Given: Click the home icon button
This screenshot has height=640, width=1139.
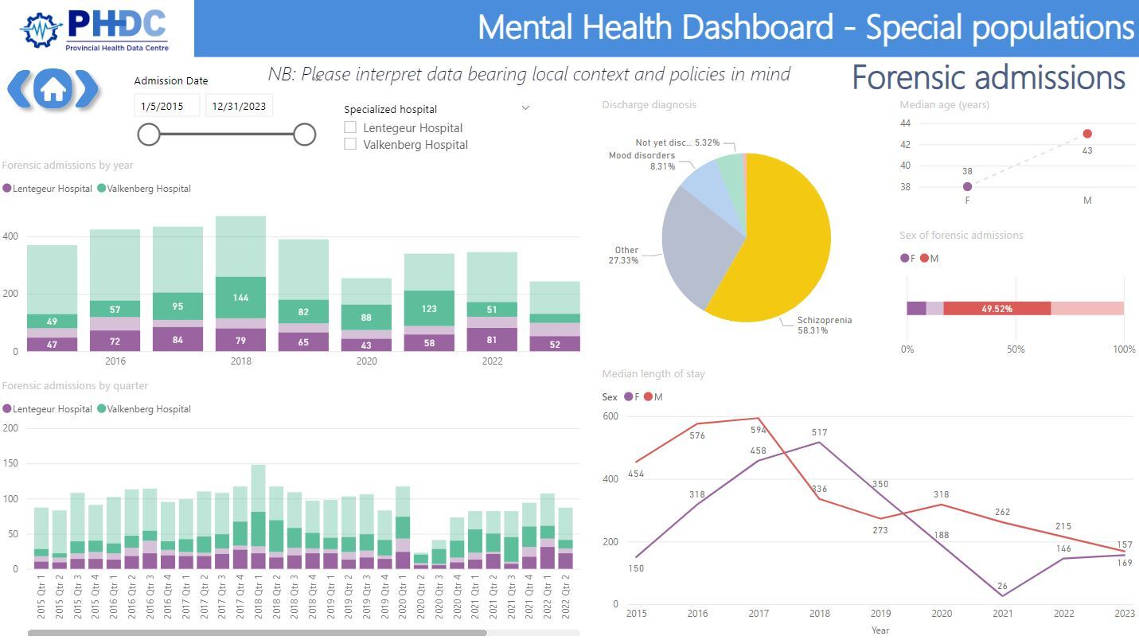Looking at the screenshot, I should tap(53, 89).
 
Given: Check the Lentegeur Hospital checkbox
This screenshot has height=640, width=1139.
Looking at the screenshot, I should tap(350, 127).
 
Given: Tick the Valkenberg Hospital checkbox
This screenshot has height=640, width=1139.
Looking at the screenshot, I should tap(350, 144).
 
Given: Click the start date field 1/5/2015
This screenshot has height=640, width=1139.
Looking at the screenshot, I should tap(166, 106).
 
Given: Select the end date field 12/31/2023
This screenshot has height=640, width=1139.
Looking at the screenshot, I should tap(239, 106).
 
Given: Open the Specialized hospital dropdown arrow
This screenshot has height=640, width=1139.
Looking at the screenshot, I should tap(525, 108).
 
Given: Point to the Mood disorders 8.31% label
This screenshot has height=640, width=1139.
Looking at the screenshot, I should tap(642, 161).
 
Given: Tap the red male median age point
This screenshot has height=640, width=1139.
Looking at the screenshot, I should tap(1087, 134).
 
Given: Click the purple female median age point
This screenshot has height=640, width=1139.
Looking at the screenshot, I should tap(967, 187).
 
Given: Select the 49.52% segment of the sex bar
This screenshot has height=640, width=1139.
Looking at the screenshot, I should tap(997, 308).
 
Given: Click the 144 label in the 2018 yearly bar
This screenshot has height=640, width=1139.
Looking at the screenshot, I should tap(240, 298).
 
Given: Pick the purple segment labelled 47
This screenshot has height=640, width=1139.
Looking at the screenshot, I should tap(52, 344).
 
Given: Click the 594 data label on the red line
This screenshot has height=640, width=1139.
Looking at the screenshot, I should tap(758, 430).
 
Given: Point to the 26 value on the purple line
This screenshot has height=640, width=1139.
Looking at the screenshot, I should tap(1001, 587).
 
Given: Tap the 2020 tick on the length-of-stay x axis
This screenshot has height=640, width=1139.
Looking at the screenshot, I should tap(941, 614).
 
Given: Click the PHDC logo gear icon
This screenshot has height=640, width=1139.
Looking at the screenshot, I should tap(41, 30).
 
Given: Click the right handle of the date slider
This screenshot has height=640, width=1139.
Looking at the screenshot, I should tap(304, 135).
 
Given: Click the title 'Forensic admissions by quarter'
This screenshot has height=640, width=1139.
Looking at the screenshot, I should tap(75, 386).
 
